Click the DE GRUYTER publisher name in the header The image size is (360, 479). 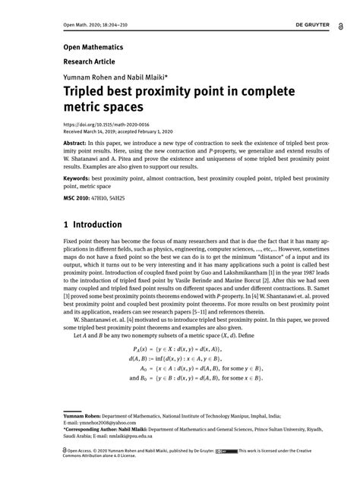pos(312,24)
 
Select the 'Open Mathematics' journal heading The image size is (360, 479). pos(88,47)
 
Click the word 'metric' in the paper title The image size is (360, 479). pos(83,108)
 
